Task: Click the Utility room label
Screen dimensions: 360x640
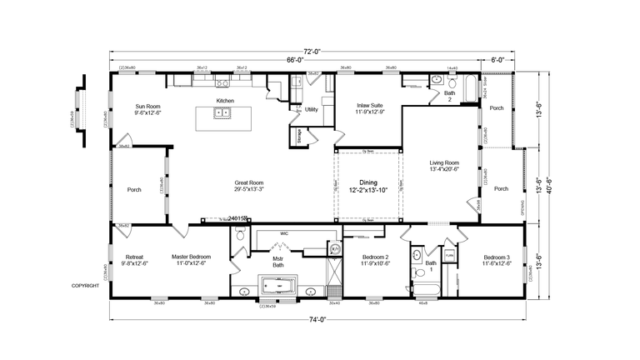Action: point(311,109)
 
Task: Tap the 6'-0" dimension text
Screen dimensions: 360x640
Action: point(497,60)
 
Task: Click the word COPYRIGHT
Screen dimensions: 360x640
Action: point(85,286)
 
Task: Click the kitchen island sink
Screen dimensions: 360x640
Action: point(222,112)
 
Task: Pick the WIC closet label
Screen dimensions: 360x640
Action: point(284,234)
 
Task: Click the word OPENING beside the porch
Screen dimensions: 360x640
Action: point(522,207)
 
